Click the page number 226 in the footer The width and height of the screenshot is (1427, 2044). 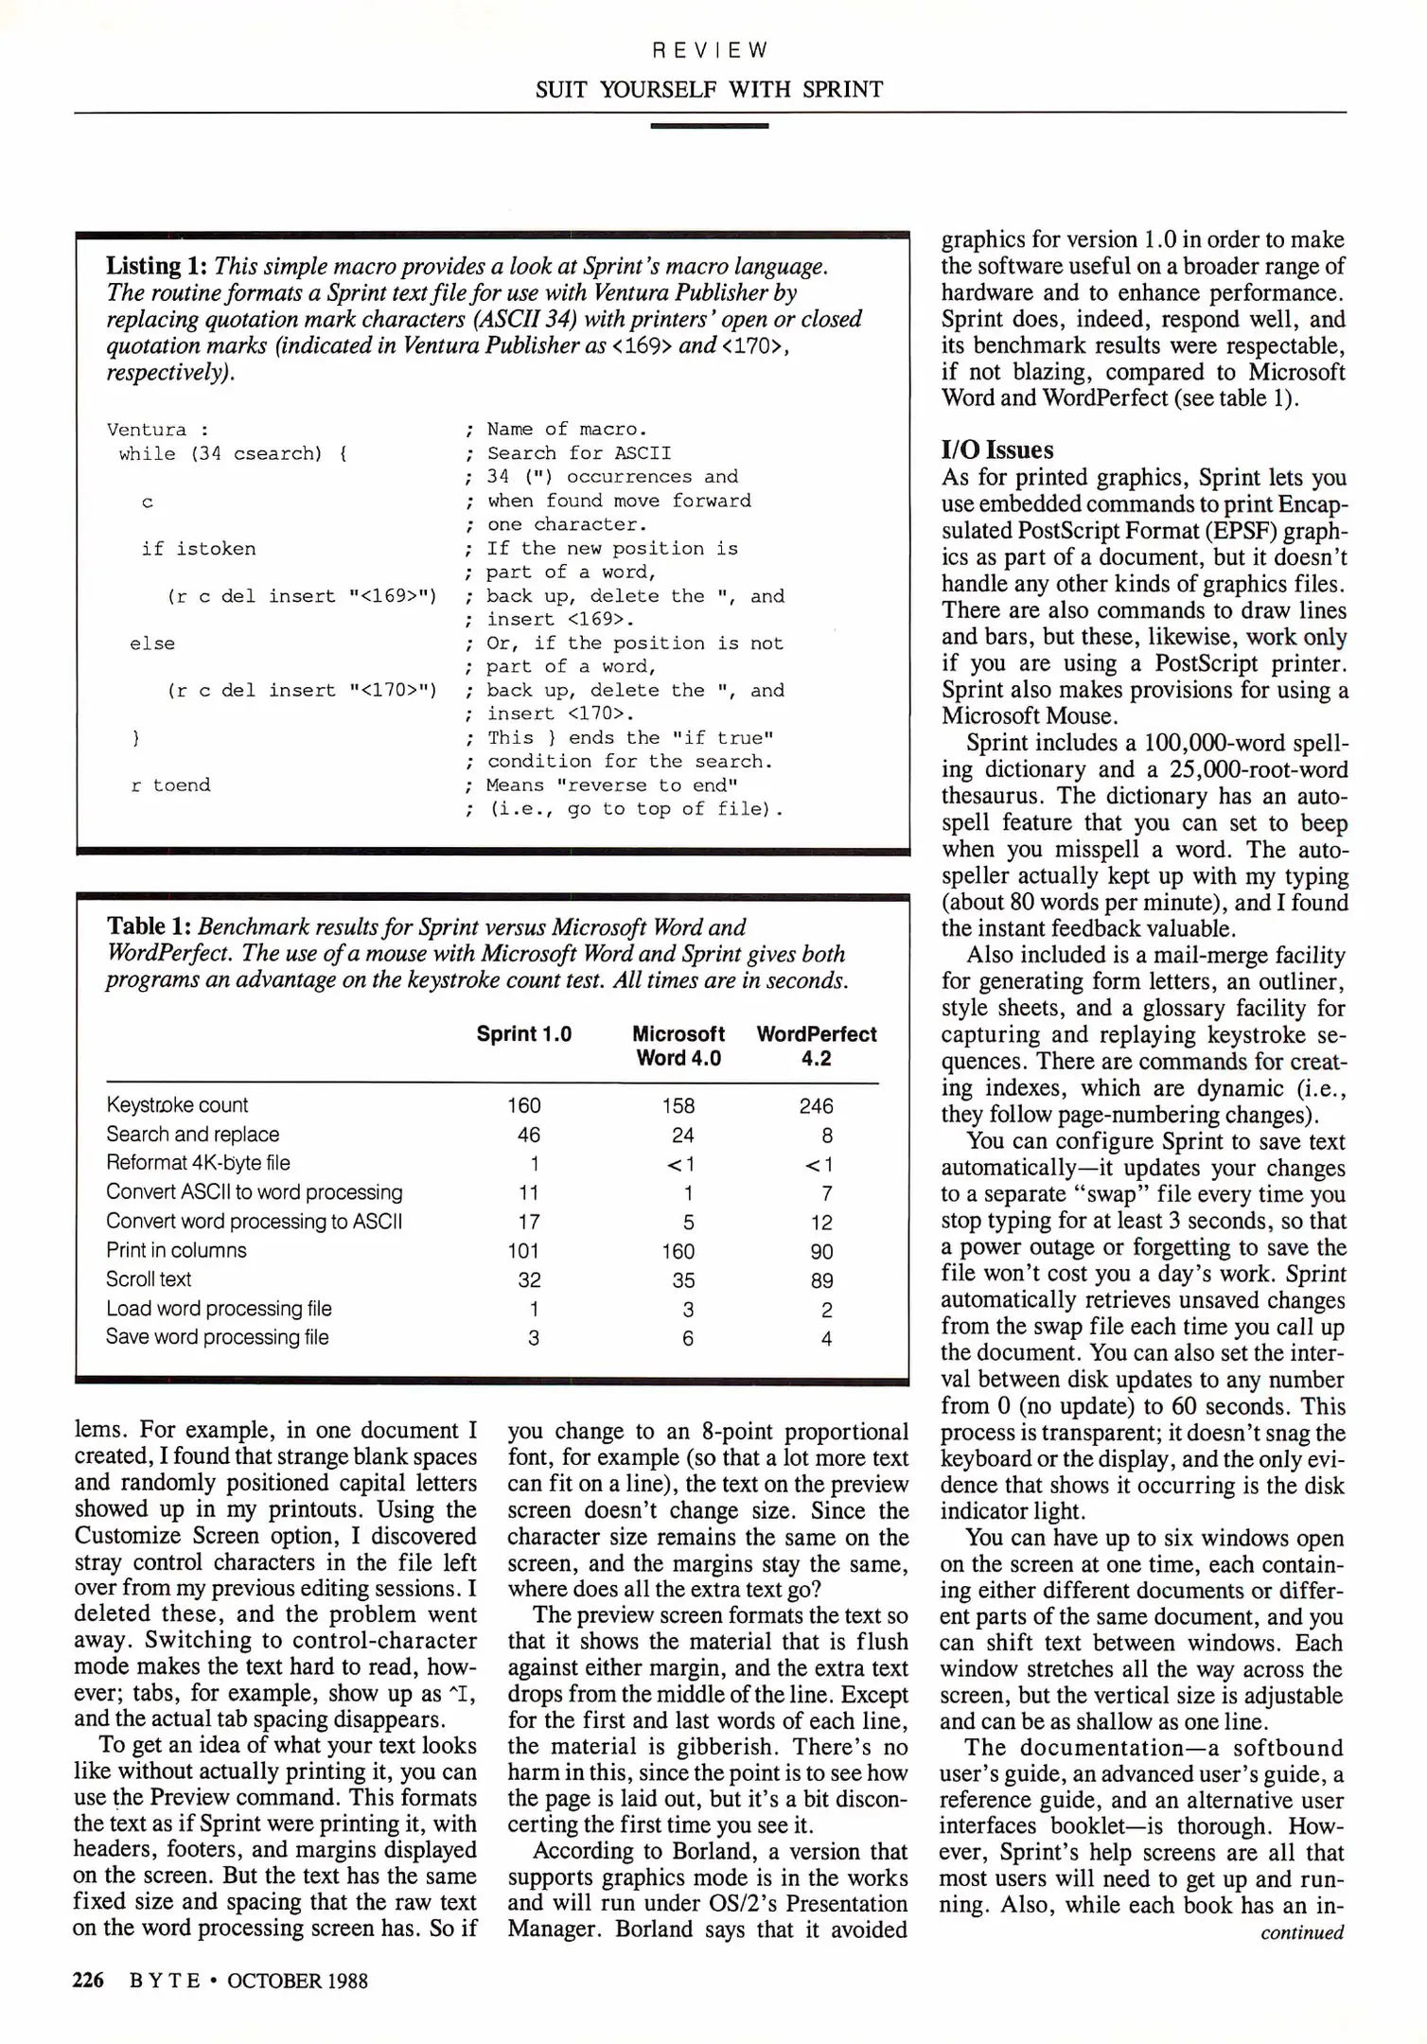(88, 1980)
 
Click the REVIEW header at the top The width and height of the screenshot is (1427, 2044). (710, 50)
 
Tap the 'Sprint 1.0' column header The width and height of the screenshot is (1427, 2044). (523, 1033)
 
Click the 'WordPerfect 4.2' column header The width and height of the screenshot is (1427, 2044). (816, 1046)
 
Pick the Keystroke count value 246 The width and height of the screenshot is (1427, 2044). (816, 1105)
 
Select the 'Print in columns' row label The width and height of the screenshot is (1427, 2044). (176, 1250)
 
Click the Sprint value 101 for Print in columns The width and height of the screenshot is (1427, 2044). (523, 1251)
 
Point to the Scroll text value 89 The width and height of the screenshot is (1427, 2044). (821, 1280)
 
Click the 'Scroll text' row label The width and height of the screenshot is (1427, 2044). (149, 1279)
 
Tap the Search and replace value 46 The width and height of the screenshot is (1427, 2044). (529, 1135)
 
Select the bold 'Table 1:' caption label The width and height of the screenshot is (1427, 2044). (149, 926)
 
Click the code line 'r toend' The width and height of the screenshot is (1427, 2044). (170, 784)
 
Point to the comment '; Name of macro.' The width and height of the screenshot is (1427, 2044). (556, 430)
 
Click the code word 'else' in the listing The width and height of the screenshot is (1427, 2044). (152, 643)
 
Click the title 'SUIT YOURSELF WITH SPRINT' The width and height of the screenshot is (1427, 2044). (709, 90)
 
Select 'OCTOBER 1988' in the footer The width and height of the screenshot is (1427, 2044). (297, 1981)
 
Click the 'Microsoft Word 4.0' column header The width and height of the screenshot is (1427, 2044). (678, 1046)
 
